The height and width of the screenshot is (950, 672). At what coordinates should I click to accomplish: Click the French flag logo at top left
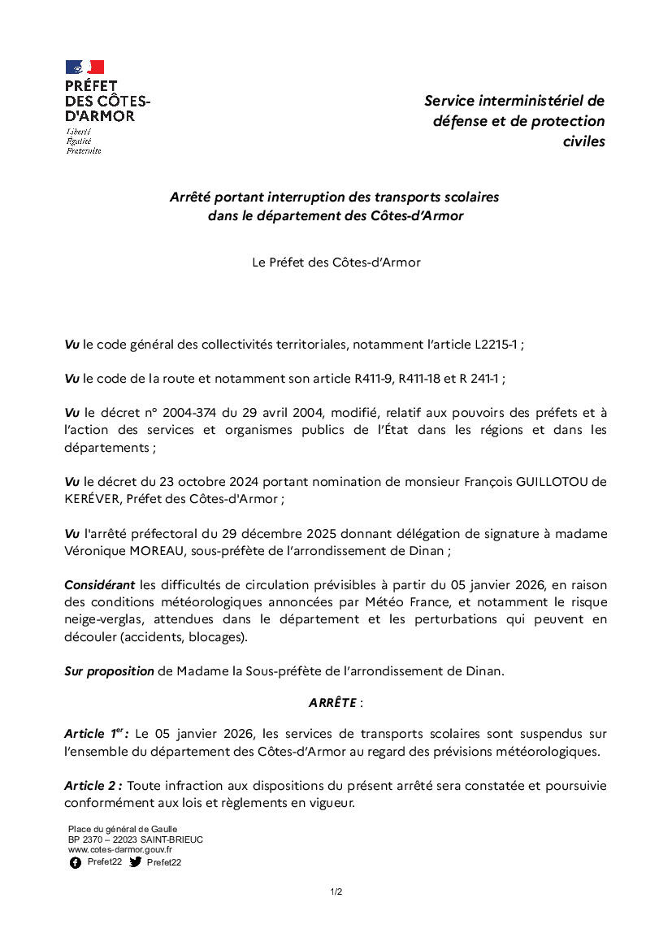(85, 67)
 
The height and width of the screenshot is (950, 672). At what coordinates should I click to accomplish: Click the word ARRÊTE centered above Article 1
(332, 703)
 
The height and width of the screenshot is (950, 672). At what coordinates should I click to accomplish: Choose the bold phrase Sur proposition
(109, 671)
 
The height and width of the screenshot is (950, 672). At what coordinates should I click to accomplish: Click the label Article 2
(93, 786)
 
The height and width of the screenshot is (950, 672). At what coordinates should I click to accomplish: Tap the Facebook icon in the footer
(75, 862)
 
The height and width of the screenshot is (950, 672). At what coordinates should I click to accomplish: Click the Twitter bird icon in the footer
(136, 862)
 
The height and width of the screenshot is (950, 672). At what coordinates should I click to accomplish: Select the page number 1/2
(336, 891)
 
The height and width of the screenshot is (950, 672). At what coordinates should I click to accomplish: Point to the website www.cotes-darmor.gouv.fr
(119, 849)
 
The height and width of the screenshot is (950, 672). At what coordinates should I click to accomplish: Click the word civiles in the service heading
(583, 141)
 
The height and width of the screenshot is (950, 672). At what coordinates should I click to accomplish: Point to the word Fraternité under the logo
(84, 150)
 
